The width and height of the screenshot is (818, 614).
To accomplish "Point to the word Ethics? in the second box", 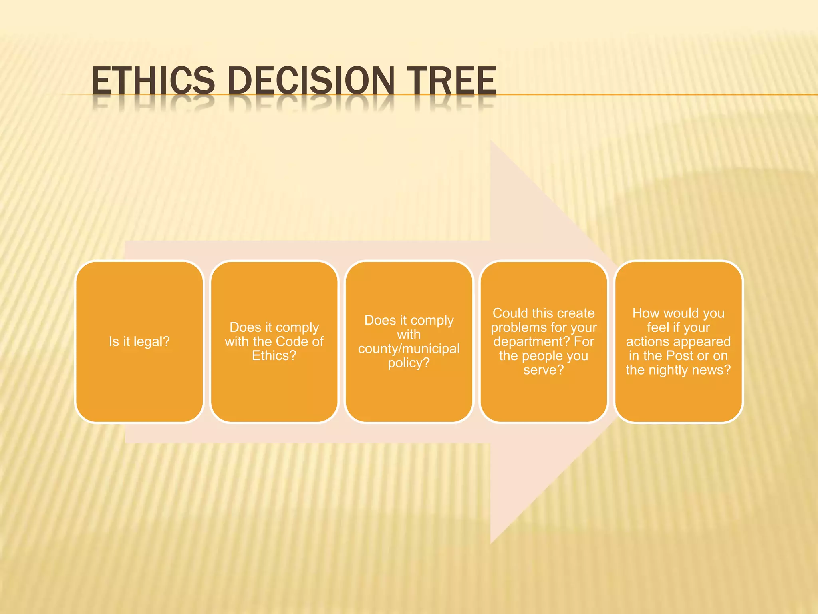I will pyautogui.click(x=274, y=356).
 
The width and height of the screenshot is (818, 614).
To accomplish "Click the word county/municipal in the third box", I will pyautogui.click(x=409, y=349).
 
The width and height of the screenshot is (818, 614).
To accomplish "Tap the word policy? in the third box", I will pyautogui.click(x=409, y=363).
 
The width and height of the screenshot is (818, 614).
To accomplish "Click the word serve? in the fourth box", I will pyautogui.click(x=544, y=370).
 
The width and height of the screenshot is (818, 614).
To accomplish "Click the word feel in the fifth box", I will pyautogui.click(x=658, y=327).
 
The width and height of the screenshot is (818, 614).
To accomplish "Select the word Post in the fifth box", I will pyautogui.click(x=679, y=356).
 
